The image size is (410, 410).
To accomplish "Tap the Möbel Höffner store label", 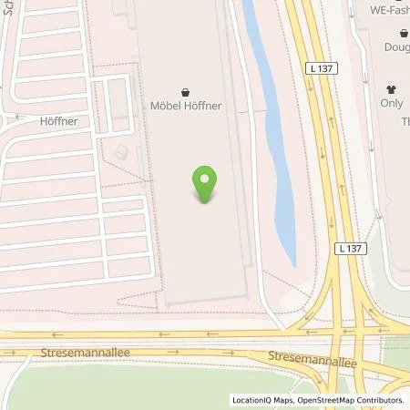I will click(186, 106).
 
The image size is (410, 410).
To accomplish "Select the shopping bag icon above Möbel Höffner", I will click(186, 91).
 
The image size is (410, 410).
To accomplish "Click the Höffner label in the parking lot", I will click(57, 119).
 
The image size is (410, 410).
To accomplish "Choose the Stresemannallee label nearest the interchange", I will click(304, 354).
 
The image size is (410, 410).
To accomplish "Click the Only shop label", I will click(392, 104).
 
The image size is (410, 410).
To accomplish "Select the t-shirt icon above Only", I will click(393, 89).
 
